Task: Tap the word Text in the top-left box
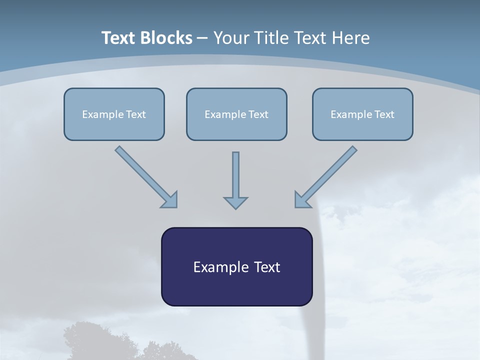(x=136, y=114)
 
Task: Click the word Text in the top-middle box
(x=258, y=114)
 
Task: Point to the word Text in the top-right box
(x=384, y=114)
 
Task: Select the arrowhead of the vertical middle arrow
(x=235, y=202)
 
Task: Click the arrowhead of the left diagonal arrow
(x=170, y=199)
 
